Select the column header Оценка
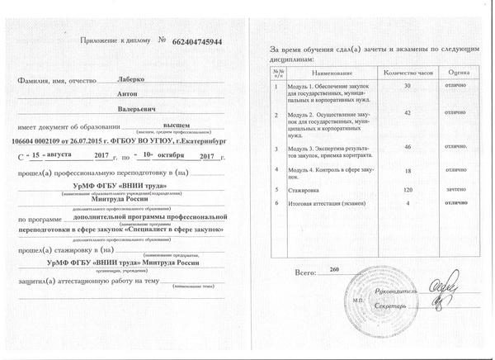coord(459,73)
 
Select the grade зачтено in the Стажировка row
coord(456,189)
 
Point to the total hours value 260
coord(334,270)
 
